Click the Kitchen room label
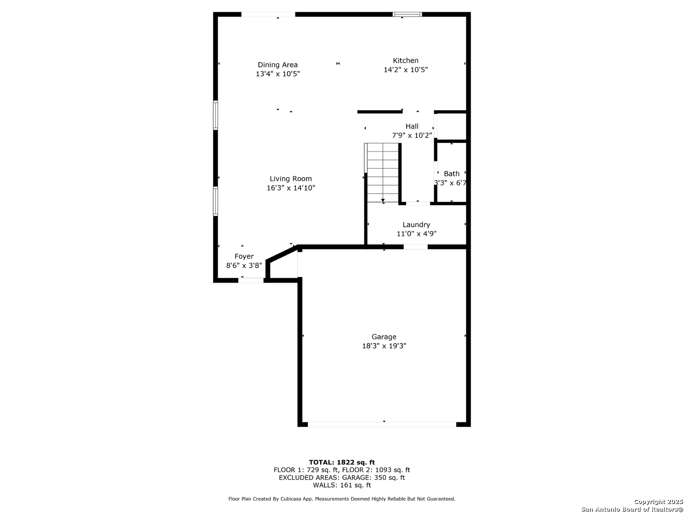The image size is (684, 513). tap(406, 60)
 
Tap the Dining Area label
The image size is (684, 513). tap(277, 65)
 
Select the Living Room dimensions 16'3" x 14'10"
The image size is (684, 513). tap(291, 188)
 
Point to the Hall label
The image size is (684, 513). tap(412, 126)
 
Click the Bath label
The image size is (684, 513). tap(451, 173)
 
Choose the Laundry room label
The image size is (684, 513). tap(416, 225)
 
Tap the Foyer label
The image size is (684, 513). tap(244, 256)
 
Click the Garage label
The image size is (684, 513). tap(384, 337)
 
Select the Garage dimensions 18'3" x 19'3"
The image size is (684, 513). tap(384, 346)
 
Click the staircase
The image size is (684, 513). tap(383, 172)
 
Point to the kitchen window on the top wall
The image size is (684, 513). tap(407, 14)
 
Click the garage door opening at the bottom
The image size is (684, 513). tap(381, 424)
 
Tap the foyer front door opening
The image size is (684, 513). tap(251, 280)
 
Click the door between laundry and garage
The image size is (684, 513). tap(415, 247)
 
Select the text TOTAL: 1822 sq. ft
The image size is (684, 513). tap(342, 462)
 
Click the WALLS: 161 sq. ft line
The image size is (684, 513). tap(342, 485)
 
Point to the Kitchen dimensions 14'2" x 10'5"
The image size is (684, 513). tap(406, 69)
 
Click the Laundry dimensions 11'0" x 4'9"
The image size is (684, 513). tap(416, 234)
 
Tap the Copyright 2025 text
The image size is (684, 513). tap(658, 502)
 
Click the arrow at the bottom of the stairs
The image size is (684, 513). tap(383, 200)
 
